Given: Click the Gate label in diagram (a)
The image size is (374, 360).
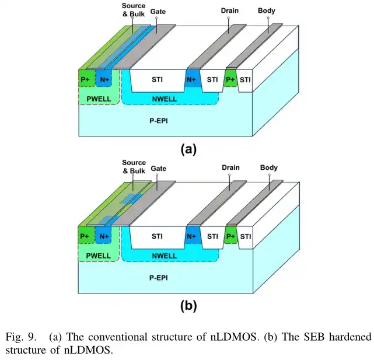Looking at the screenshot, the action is tap(158, 12).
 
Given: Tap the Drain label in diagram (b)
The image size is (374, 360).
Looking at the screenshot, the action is tap(230, 167).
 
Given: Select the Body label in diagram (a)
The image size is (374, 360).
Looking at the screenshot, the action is tap(267, 11).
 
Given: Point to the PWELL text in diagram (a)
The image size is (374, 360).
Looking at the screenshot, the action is tap(99, 99).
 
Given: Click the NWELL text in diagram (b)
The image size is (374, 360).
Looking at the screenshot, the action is tap(165, 256).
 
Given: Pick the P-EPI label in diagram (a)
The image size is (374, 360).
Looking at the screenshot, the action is tap(159, 121).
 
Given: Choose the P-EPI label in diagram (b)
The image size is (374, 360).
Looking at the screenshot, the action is tap(159, 278).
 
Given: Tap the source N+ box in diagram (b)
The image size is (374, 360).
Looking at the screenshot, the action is tap(103, 235).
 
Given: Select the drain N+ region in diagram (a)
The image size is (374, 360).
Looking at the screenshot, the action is tap(193, 78).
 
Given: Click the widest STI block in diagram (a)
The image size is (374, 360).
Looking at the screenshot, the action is tap(158, 81).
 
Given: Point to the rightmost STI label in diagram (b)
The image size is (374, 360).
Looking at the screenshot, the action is tap(246, 236).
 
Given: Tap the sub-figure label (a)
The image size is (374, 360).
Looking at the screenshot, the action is tap(188, 149).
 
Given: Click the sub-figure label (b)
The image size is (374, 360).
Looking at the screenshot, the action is tap(188, 306).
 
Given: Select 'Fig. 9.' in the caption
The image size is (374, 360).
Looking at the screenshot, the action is tap(21, 337).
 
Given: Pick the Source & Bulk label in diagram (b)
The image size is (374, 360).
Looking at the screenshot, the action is tap(134, 167).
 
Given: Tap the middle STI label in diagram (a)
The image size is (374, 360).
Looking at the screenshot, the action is tap(212, 79).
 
